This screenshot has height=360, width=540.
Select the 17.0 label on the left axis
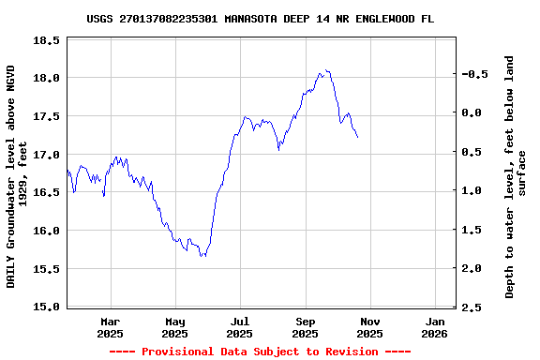click(46, 154)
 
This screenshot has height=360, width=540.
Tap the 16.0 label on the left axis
click(46, 231)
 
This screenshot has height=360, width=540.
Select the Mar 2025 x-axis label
click(110, 327)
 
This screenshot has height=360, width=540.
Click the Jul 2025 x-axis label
click(240, 327)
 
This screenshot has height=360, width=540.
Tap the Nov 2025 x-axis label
click(370, 327)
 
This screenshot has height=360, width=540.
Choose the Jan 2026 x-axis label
click(435, 327)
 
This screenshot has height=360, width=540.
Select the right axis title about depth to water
click(516, 176)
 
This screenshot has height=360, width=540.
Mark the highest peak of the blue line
click(326, 69)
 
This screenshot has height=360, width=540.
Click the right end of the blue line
click(357, 138)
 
